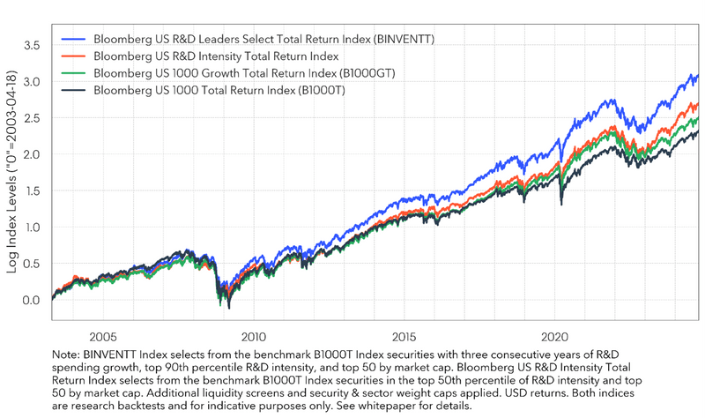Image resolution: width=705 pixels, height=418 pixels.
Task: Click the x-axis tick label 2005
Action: (x=103, y=337)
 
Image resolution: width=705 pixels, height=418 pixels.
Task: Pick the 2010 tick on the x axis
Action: (x=254, y=337)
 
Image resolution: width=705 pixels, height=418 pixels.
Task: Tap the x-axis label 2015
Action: (x=404, y=337)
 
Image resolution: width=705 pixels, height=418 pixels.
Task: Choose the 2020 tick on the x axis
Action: (x=555, y=337)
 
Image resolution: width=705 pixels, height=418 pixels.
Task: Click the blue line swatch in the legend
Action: (x=74, y=39)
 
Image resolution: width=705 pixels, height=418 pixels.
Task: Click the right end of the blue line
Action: (x=698, y=77)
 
